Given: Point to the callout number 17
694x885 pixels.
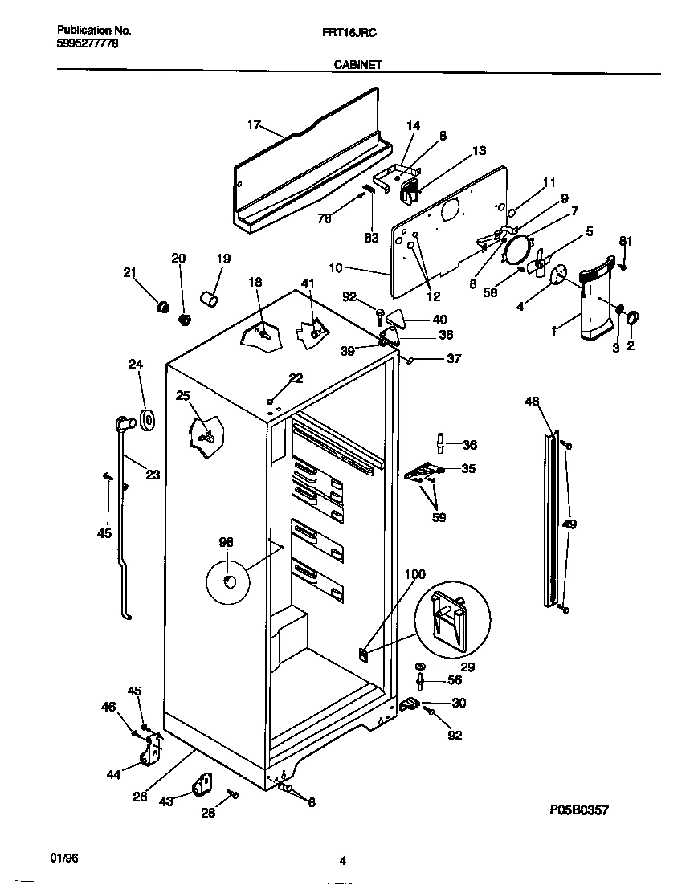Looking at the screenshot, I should point(254,124).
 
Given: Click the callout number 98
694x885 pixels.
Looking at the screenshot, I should point(226,544).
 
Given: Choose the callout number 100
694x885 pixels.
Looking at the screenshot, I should point(414,574).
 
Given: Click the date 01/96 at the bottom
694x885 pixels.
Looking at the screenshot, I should point(65,858).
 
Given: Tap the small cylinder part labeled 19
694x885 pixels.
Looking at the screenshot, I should point(210,299).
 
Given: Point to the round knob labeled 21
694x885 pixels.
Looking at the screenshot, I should point(162,306).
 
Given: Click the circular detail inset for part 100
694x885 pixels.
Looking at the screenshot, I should point(451,617).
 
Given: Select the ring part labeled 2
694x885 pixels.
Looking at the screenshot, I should point(631,319).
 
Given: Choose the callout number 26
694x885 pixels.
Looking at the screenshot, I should point(140,797).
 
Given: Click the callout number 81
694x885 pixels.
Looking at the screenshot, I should point(626,241).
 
